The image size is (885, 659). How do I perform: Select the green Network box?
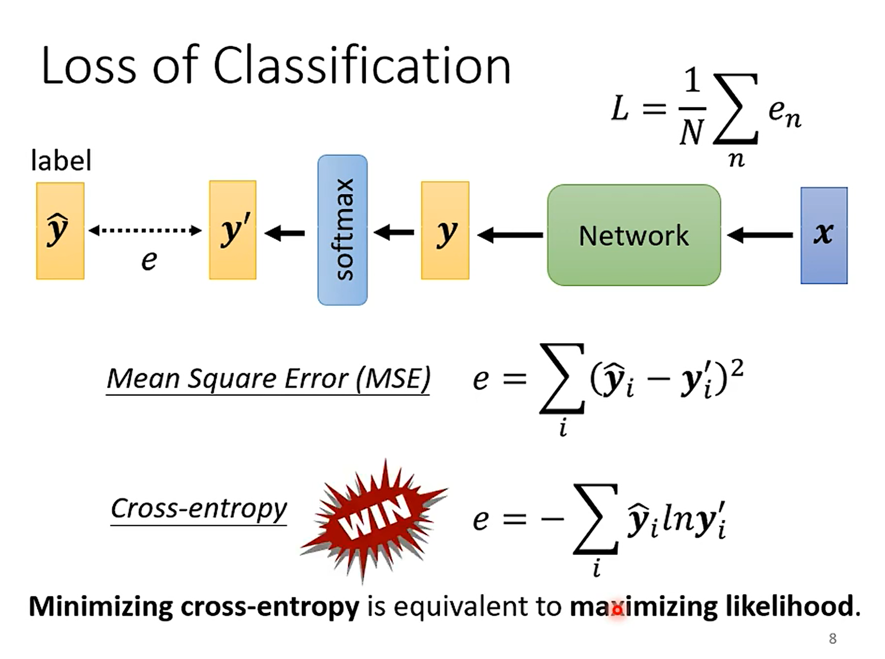(x=633, y=235)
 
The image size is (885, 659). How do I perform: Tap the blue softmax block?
(x=342, y=230)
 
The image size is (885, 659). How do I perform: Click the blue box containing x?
(x=824, y=235)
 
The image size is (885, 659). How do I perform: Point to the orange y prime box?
(x=233, y=230)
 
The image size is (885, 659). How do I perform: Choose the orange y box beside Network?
(x=445, y=230)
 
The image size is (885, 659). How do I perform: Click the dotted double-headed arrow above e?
(x=145, y=230)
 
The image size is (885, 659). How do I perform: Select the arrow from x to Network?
(x=760, y=235)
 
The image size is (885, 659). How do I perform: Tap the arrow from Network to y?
(x=510, y=235)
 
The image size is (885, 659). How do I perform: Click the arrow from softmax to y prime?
(x=285, y=233)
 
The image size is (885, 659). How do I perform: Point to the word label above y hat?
(x=61, y=161)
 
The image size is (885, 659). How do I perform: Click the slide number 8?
(x=833, y=639)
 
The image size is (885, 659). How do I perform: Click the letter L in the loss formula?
(x=620, y=108)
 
